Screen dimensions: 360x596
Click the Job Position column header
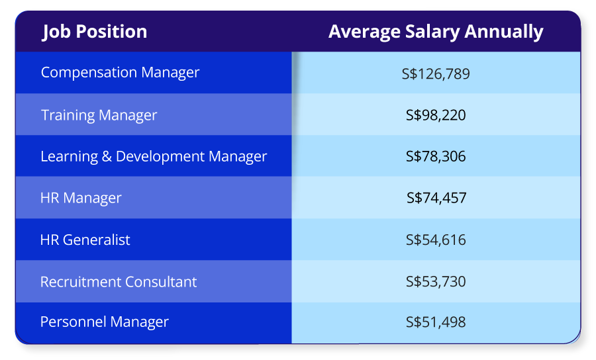pos(95,31)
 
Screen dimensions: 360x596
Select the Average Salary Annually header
pos(436,31)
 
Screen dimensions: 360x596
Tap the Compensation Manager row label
pos(120,72)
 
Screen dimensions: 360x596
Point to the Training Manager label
pos(99,115)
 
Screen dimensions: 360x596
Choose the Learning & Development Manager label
pos(154,157)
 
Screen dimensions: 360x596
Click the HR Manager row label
pos(81,198)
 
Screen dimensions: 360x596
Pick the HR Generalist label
pos(85,240)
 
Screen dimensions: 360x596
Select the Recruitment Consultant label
pos(119,282)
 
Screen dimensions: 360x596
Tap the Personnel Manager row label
pos(105,322)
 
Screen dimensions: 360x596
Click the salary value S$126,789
pos(436,73)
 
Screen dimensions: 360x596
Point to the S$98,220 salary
pos(436,115)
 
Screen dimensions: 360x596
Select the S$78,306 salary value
pos(436,157)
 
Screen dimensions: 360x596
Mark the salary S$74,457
pos(436,198)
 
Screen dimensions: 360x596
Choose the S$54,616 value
pos(436,240)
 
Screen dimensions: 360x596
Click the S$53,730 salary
pos(436,282)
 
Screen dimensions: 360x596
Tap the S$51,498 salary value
pos(436,322)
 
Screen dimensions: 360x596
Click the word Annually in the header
pos(504,32)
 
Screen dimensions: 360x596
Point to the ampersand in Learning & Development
pos(108,157)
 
